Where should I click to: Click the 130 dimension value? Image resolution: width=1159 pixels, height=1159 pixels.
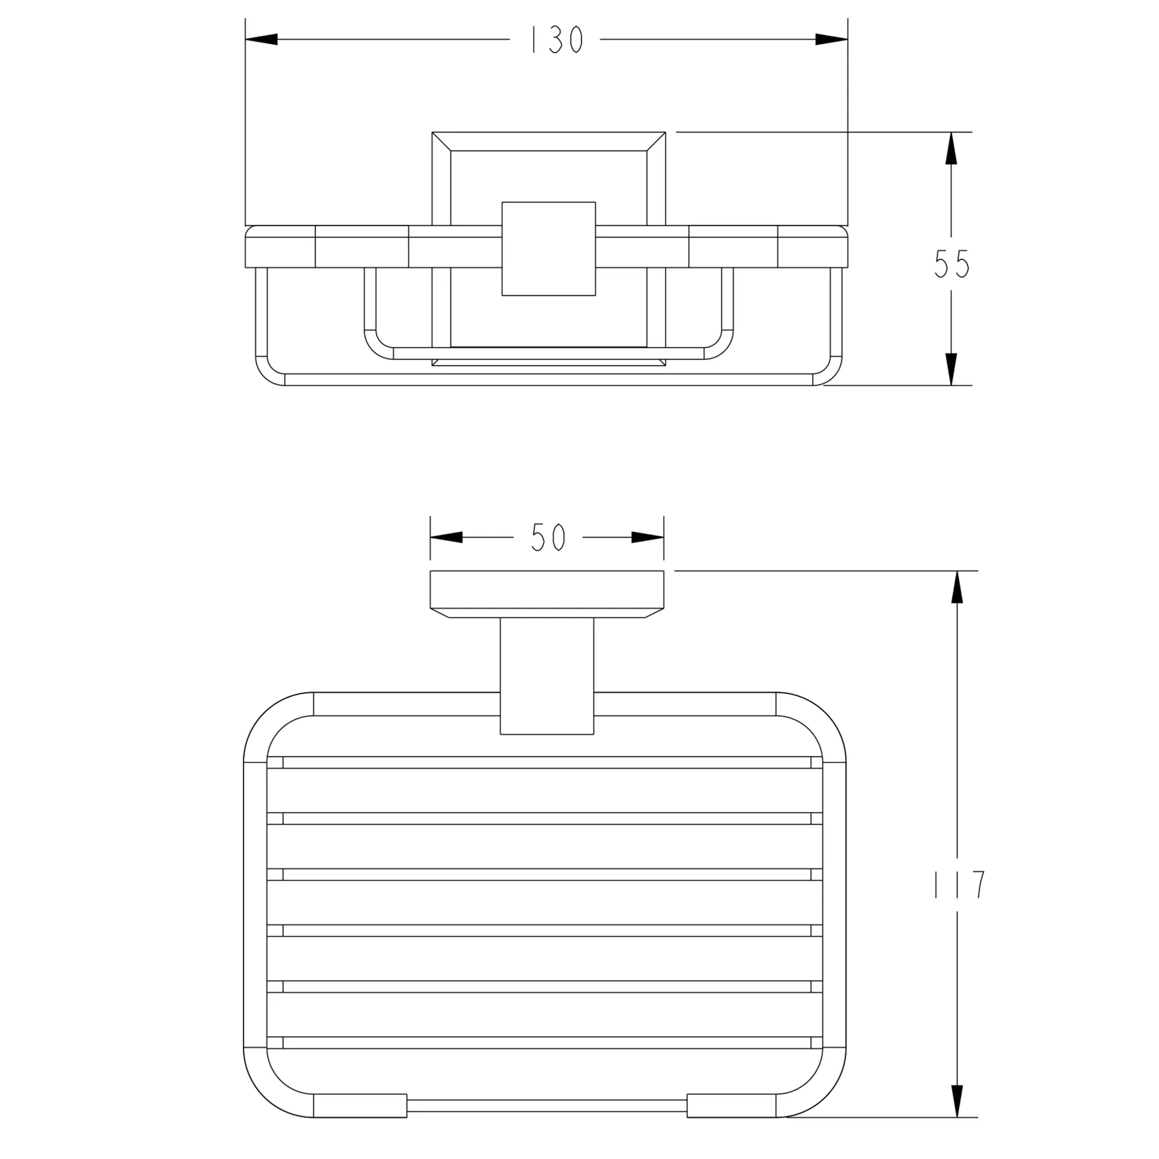pos(556,41)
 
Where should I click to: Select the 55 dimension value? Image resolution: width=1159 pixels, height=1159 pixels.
pos(952,264)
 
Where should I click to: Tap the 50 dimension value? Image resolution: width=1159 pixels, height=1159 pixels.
pos(548,538)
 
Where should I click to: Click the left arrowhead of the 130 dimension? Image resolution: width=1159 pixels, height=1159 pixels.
pos(261,40)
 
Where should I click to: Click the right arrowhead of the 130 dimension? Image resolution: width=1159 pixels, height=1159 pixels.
pos(831,40)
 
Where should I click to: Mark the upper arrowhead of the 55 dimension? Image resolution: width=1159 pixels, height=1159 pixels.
pos(951,148)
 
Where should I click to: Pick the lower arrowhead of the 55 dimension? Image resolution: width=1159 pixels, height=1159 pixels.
pos(951,369)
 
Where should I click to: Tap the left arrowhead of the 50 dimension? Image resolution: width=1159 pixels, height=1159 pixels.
pos(446,538)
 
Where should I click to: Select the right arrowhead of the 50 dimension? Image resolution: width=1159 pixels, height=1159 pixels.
pos(648,538)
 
